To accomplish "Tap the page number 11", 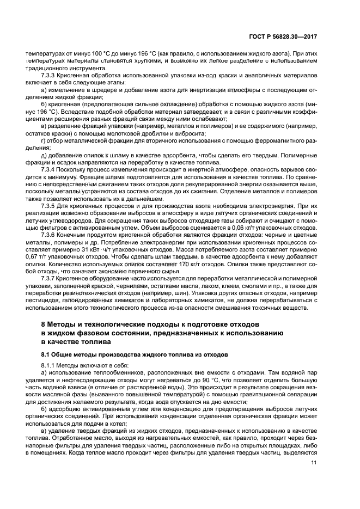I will (x=314, y=463).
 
